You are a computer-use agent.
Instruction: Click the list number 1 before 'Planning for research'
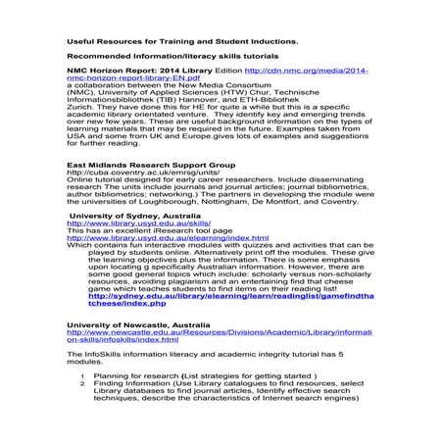pyautogui.click(x=82, y=373)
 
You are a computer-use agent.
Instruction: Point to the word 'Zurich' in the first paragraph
pyautogui.click(x=80, y=110)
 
